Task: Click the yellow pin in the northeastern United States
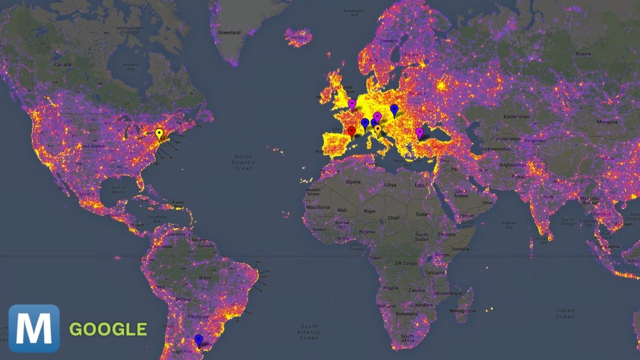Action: pyautogui.click(x=159, y=133)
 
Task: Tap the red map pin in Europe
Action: pyautogui.click(x=351, y=131)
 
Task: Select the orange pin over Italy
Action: pyautogui.click(x=377, y=129)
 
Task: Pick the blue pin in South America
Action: pyautogui.click(x=199, y=339)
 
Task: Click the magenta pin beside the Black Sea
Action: pyautogui.click(x=419, y=132)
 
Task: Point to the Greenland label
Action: pyautogui.click(x=229, y=32)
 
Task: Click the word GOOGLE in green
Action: pyautogui.click(x=108, y=329)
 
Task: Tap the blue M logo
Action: pyautogui.click(x=34, y=328)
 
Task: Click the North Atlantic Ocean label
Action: pyautogui.click(x=243, y=162)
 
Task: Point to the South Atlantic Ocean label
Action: pyautogui.click(x=309, y=331)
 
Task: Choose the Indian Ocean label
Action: pyautogui.click(x=565, y=313)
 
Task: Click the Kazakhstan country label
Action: pyautogui.click(x=515, y=116)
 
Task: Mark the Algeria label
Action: pyautogui.click(x=353, y=182)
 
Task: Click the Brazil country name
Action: pyautogui.click(x=205, y=277)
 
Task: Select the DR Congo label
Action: pyautogui.click(x=406, y=263)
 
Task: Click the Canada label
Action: pyautogui.click(x=63, y=64)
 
